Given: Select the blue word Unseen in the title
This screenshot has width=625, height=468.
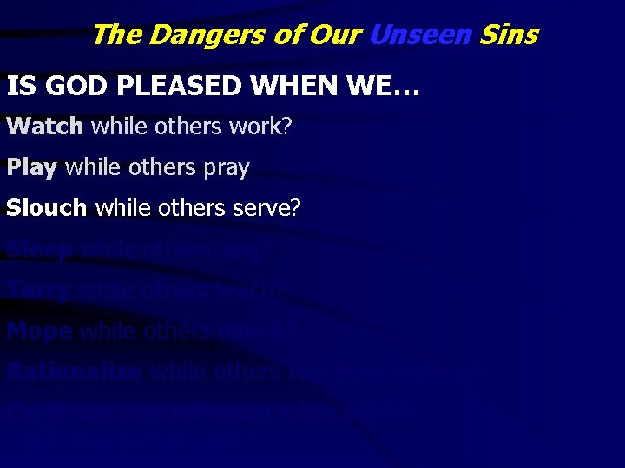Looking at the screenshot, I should point(420,35).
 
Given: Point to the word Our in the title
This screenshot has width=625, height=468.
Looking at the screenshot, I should point(335,35).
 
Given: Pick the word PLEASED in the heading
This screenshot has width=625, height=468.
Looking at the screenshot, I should point(174,87).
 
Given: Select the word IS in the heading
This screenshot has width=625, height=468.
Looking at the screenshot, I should point(21,87).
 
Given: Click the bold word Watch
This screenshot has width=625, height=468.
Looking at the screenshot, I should point(44,127).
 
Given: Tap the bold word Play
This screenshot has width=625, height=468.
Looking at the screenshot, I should point(31,167).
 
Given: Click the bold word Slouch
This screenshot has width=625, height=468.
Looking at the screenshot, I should point(47,208).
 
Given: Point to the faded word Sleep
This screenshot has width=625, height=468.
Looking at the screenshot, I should point(40,250).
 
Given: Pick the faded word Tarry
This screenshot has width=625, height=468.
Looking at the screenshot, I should point(38,290).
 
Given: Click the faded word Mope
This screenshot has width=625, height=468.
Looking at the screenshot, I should point(40,331).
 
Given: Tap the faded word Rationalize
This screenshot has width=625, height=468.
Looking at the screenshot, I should point(76,372).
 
